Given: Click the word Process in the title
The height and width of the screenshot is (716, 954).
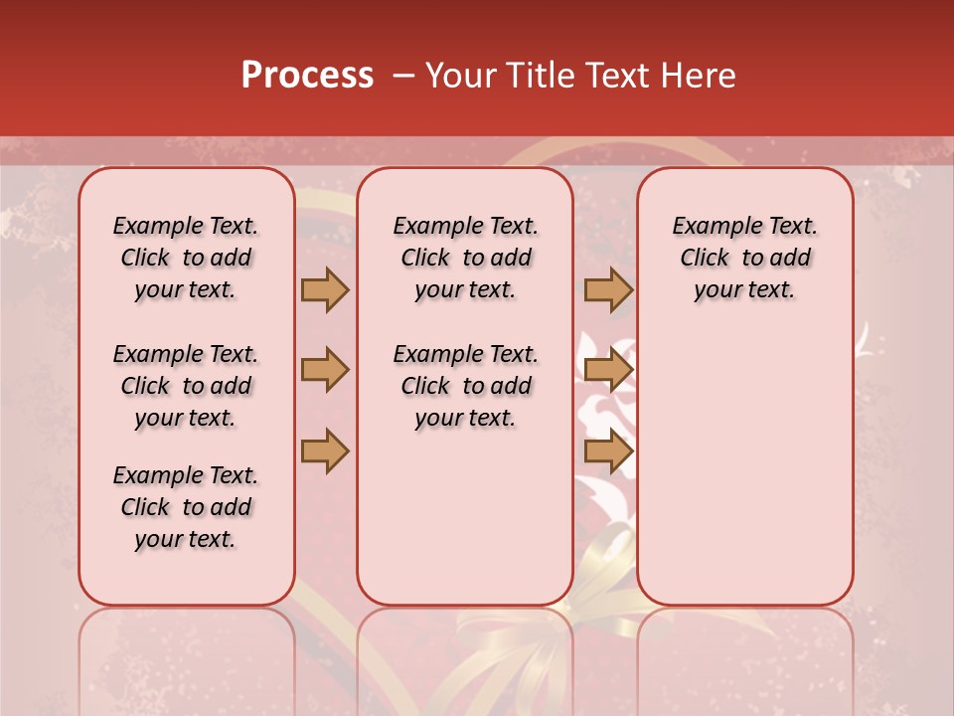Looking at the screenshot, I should [x=307, y=76].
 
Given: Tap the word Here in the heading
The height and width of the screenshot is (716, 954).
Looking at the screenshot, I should [x=699, y=76].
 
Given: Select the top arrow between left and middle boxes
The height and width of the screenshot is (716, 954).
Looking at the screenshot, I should [x=325, y=289].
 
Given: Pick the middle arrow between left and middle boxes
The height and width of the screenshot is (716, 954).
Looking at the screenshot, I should [x=325, y=370].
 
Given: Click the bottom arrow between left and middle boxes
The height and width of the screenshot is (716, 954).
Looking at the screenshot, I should [x=325, y=451].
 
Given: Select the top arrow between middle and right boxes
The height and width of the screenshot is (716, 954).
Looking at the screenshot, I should [x=608, y=289].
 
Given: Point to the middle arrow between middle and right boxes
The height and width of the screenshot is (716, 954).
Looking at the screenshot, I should [x=608, y=370].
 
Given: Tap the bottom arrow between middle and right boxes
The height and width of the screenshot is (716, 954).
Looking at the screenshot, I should [x=608, y=451].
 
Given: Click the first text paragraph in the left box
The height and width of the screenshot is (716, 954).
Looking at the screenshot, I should [x=186, y=258].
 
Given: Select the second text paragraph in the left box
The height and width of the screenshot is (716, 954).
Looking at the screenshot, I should [x=186, y=386].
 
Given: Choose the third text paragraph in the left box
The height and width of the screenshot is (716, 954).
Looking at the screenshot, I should [x=186, y=507].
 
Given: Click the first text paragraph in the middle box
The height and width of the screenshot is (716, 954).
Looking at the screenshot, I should [x=466, y=258].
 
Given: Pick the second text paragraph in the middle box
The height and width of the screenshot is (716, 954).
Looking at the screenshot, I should [x=466, y=386].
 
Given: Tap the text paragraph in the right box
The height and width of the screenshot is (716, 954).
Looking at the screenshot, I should [x=745, y=258].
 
